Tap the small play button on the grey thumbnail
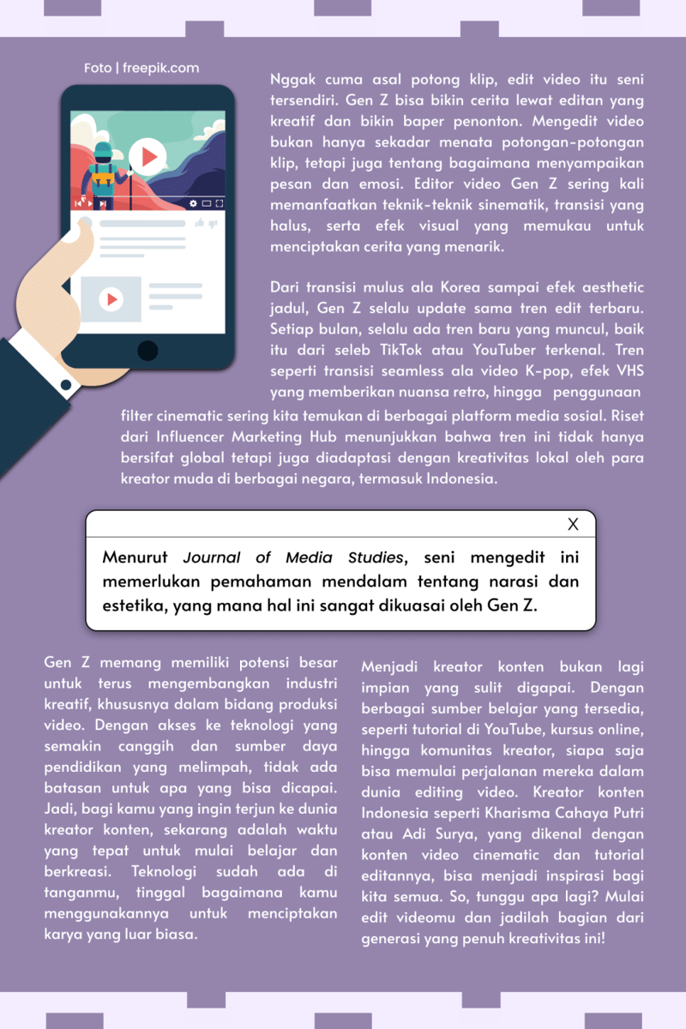(x=111, y=299)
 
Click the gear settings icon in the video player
(x=193, y=203)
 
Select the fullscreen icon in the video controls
(x=219, y=203)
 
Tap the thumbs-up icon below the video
(x=199, y=223)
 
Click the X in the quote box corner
(x=574, y=524)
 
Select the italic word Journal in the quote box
(x=210, y=557)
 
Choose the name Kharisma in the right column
(x=484, y=811)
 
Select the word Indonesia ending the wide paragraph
(x=455, y=479)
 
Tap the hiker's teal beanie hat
(x=103, y=148)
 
